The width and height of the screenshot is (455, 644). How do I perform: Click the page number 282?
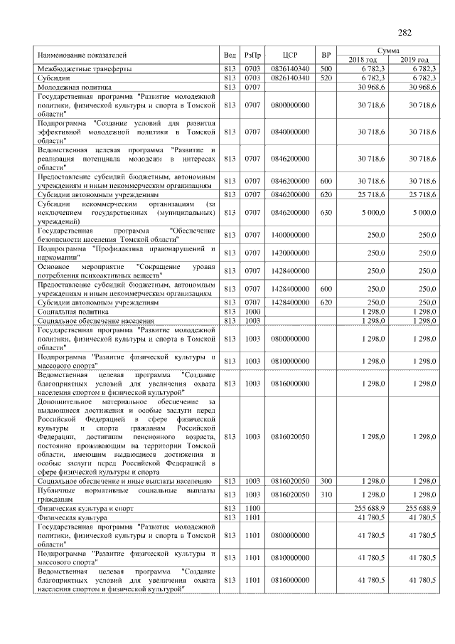coord(405,32)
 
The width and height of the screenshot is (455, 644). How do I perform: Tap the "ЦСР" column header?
coord(289,55)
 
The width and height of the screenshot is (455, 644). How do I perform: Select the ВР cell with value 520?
coord(326,77)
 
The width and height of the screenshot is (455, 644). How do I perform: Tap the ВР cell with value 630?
coord(326,212)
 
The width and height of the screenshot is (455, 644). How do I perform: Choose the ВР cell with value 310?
coord(326,494)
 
